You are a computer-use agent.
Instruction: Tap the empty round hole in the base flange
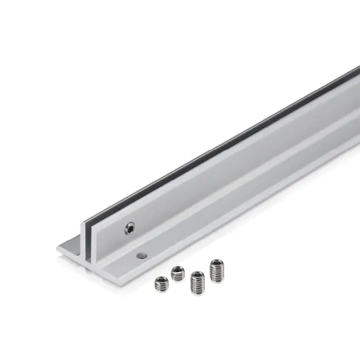[142, 255]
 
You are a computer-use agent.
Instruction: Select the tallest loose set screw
[216, 271]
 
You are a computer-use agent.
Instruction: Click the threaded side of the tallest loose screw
[216, 274]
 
